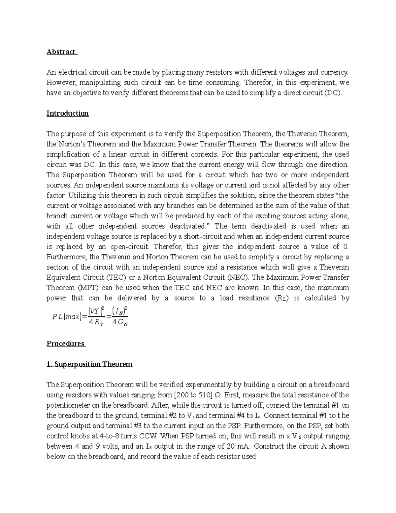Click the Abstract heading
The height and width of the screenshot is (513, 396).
point(61,52)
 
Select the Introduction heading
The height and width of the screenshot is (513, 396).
point(67,113)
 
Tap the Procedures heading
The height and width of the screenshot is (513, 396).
point(65,344)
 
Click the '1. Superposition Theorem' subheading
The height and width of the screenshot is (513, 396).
point(89,364)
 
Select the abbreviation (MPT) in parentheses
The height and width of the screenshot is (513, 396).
point(77,288)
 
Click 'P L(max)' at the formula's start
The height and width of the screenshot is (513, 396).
point(66,317)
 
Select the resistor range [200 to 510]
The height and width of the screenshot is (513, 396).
point(193,395)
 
